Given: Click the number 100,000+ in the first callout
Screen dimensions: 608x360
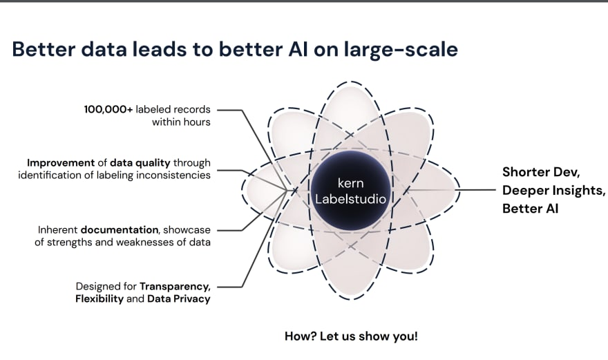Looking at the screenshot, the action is pyautogui.click(x=108, y=109).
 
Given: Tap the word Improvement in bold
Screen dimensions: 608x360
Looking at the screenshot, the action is pyautogui.click(x=61, y=162).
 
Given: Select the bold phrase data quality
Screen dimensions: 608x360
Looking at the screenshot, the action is pyautogui.click(x=140, y=163).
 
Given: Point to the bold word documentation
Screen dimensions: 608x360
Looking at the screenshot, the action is pyautogui.click(x=120, y=229).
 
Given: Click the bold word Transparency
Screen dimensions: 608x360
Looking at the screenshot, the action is pyautogui.click(x=175, y=287).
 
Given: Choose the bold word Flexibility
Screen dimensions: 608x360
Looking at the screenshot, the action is pyautogui.click(x=99, y=299).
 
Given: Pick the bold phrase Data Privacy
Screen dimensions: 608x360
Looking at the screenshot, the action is pyautogui.click(x=179, y=299).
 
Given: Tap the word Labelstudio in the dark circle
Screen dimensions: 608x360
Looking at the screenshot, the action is pyautogui.click(x=350, y=199).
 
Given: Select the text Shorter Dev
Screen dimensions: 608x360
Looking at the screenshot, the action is pyautogui.click(x=541, y=172).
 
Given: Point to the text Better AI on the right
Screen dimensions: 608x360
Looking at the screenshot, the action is pyautogui.click(x=530, y=209).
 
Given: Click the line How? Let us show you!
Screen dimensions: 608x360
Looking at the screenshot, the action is pyautogui.click(x=351, y=336).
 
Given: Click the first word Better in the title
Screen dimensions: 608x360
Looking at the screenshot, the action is pyautogui.click(x=44, y=49).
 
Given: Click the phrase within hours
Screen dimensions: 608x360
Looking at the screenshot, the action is pyautogui.click(x=181, y=122).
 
